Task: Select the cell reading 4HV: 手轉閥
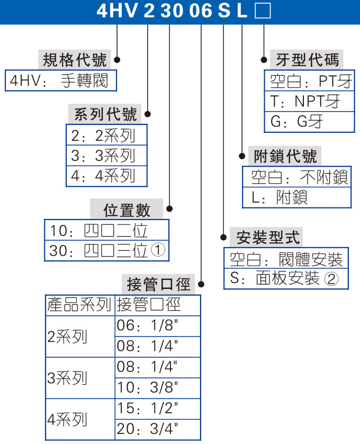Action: point(60,80)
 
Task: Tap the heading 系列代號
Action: point(105,114)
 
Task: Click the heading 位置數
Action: point(127,210)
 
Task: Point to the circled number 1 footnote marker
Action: point(159,250)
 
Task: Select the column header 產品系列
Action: point(79,305)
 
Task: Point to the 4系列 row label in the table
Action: point(68,420)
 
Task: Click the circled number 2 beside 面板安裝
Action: point(331,279)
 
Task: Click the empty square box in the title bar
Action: point(263,11)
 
